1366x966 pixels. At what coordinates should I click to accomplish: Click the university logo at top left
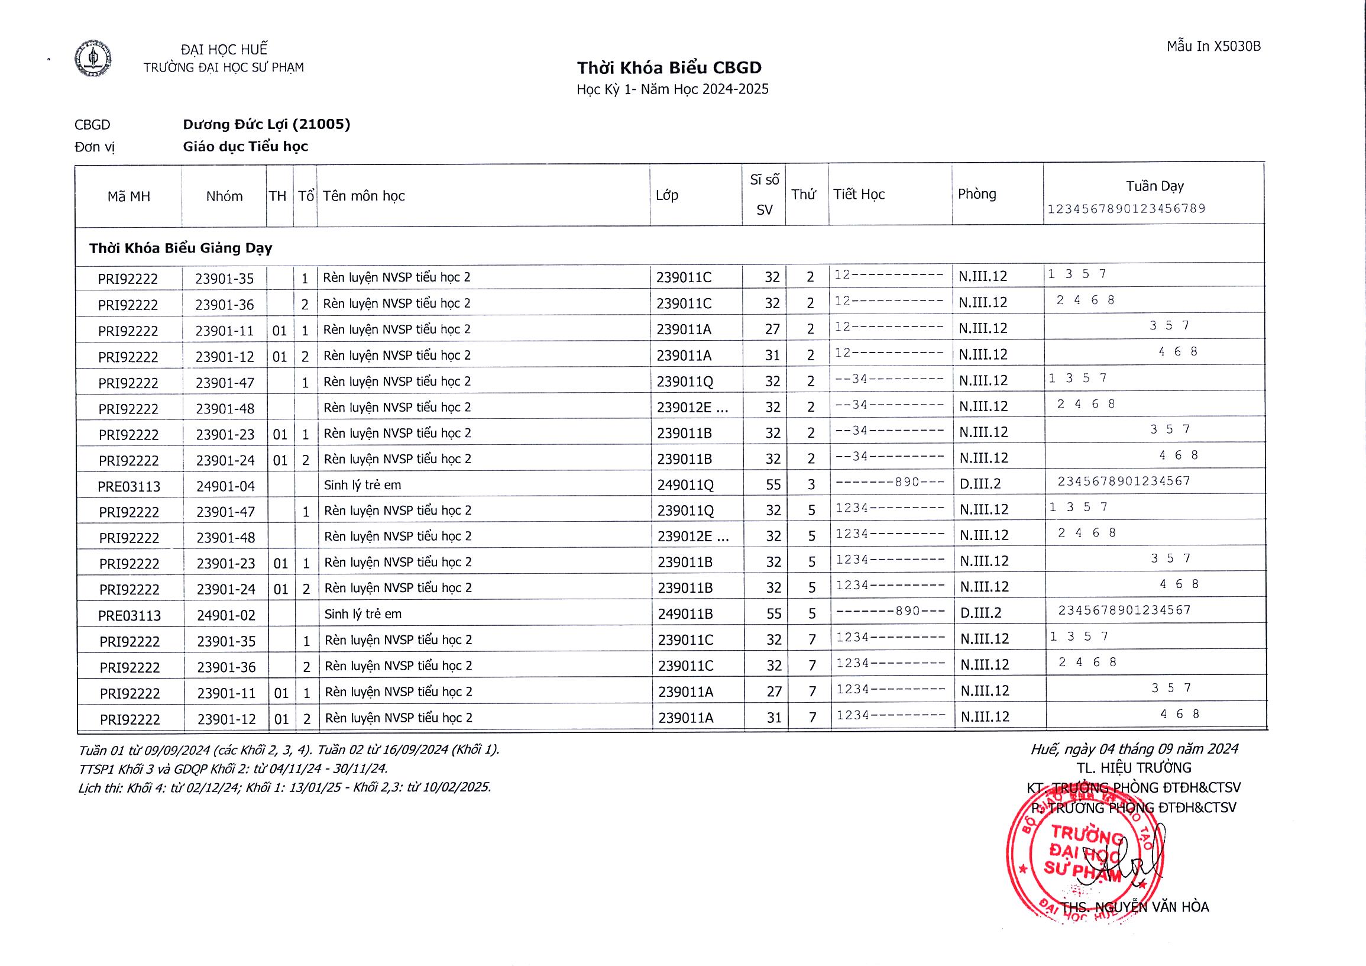tap(93, 58)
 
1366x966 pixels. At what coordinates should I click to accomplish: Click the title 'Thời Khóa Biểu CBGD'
tap(669, 68)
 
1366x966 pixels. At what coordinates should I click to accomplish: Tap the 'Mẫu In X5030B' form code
tap(1213, 46)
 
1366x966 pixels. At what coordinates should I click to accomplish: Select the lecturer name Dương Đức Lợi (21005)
tap(267, 124)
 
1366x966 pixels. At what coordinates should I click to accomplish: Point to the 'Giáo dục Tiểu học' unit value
tap(245, 147)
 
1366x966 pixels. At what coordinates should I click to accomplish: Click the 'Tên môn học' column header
tap(364, 196)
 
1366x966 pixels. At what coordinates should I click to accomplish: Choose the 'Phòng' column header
tap(976, 194)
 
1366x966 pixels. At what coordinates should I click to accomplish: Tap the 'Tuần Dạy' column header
tap(1154, 186)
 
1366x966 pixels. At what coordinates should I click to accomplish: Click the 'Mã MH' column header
tap(128, 196)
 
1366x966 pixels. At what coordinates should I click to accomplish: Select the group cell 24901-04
tap(225, 486)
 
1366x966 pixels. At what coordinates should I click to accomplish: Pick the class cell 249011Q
tap(685, 485)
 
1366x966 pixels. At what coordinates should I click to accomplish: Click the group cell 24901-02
tap(225, 615)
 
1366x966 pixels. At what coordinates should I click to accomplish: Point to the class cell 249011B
tap(685, 614)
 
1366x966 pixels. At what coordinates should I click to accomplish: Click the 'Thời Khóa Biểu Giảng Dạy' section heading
tap(181, 248)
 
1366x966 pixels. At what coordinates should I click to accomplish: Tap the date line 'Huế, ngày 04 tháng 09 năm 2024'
tap(1134, 749)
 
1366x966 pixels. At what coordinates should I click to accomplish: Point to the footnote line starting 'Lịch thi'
tap(284, 787)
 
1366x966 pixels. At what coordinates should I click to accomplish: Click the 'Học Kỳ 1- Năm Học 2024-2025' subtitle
tap(672, 90)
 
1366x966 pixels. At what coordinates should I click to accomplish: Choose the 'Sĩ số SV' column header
tap(764, 195)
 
